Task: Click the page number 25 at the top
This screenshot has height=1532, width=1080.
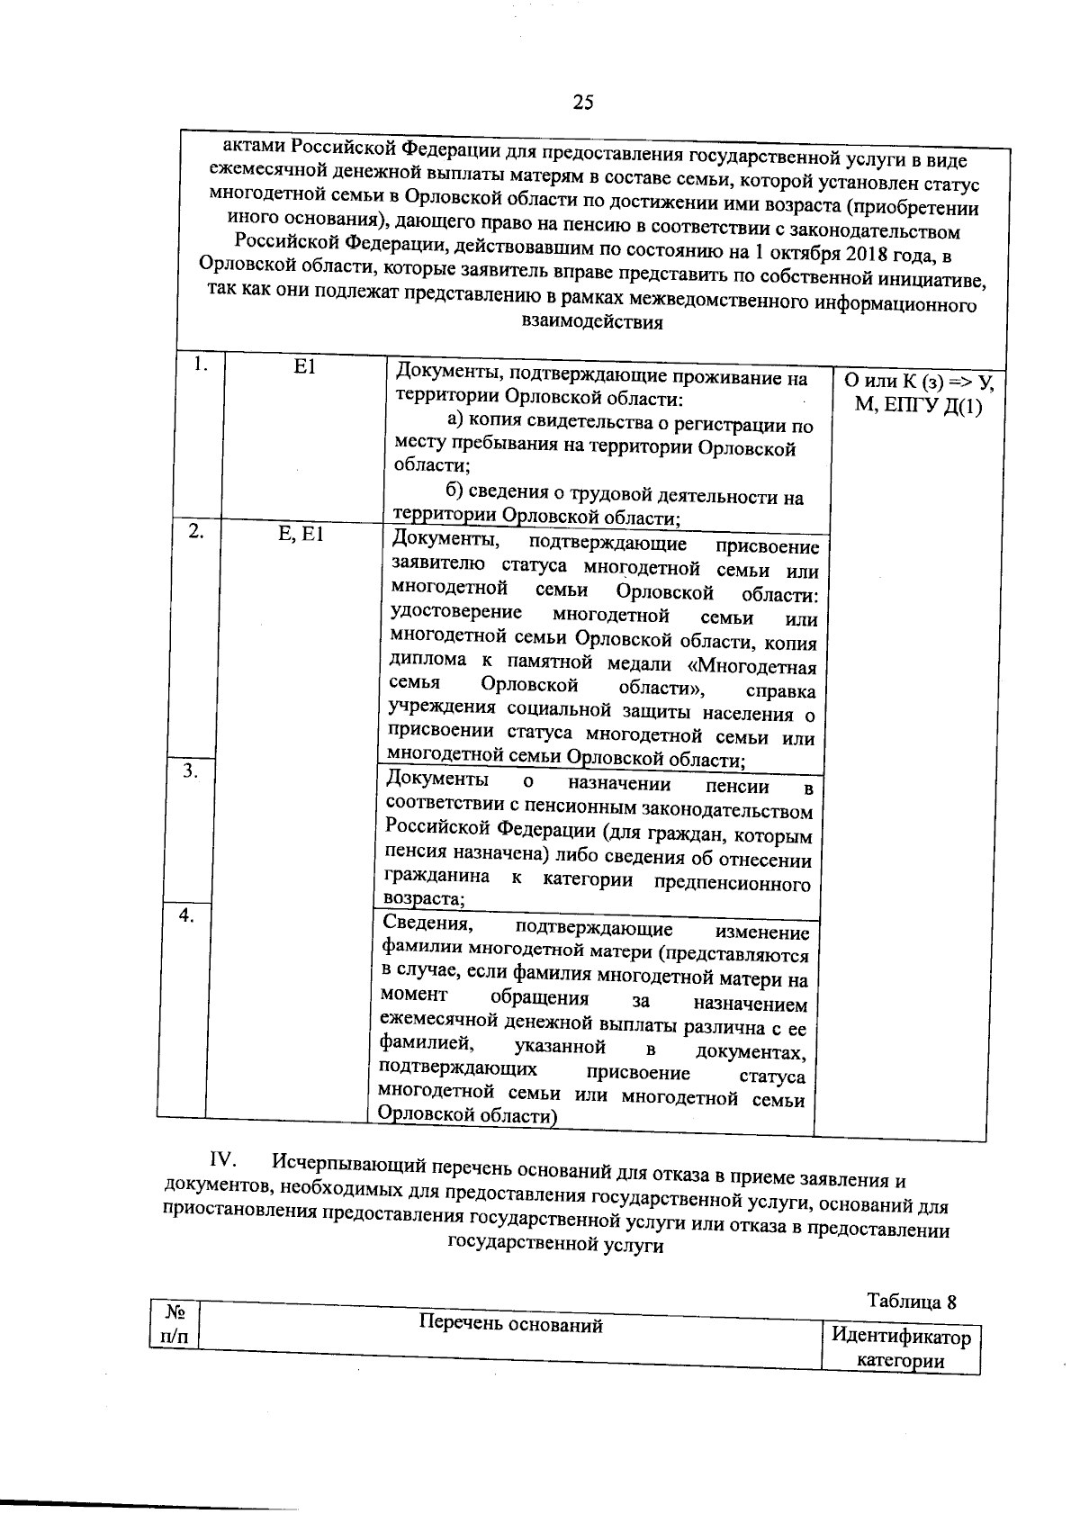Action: coord(582,103)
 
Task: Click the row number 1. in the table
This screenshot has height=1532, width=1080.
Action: coord(202,365)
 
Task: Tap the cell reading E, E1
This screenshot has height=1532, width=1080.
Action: coord(301,534)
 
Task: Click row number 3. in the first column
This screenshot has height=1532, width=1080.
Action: coord(190,771)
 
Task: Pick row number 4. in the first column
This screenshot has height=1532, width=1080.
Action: coord(186,915)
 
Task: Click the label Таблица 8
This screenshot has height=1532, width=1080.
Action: coord(911,1302)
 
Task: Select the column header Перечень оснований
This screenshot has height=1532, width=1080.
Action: coord(510,1325)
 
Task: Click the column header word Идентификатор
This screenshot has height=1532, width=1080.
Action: coord(901,1337)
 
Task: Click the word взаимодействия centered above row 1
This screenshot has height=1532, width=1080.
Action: coord(592,323)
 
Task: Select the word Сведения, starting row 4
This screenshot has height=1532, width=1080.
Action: coord(426,924)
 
